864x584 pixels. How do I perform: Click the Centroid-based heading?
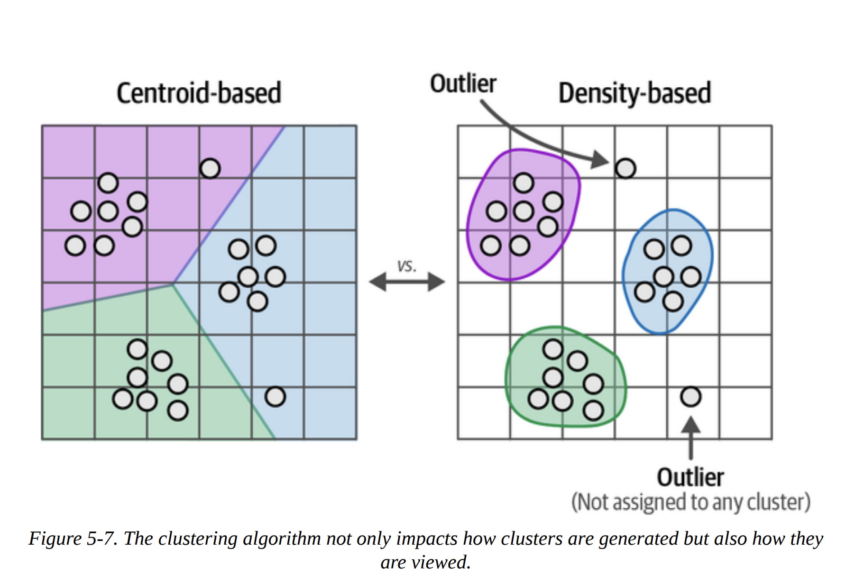[199, 93]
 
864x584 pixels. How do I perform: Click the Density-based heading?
[634, 93]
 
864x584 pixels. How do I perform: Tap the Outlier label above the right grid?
[463, 84]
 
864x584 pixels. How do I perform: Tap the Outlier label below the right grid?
[690, 477]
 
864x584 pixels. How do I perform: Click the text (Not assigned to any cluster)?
[690, 502]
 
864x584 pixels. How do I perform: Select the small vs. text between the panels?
[406, 266]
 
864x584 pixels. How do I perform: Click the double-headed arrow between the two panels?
[407, 282]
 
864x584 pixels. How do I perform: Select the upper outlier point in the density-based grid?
[625, 168]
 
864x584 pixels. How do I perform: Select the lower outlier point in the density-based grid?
[690, 397]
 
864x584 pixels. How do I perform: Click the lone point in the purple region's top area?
[210, 168]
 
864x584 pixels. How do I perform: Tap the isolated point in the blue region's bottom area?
[275, 397]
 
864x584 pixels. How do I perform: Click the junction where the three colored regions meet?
[173, 284]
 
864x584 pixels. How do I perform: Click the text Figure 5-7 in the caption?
[73, 538]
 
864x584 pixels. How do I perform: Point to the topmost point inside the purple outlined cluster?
[524, 182]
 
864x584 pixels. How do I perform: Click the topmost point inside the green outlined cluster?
[553, 349]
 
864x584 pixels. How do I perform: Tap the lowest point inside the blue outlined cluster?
[673, 301]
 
